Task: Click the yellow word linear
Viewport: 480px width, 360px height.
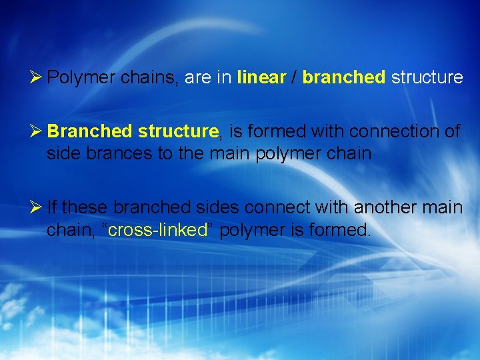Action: pyautogui.click(x=261, y=77)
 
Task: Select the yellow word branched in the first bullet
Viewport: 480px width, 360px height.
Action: pyautogui.click(x=343, y=77)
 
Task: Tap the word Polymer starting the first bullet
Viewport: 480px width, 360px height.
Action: pyautogui.click(x=81, y=77)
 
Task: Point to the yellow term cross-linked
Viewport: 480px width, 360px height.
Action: pyautogui.click(x=157, y=230)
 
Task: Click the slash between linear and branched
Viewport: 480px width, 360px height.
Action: pyautogui.click(x=294, y=77)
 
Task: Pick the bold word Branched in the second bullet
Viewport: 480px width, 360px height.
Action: pyautogui.click(x=90, y=131)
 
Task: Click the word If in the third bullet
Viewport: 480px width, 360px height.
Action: pyautogui.click(x=53, y=207)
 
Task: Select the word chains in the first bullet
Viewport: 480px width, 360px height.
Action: pyautogui.click(x=150, y=77)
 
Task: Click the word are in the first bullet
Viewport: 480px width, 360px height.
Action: pyautogui.click(x=197, y=77)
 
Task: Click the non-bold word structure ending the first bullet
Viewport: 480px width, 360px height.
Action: pyautogui.click(x=427, y=77)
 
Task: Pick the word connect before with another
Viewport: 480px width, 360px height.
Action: pyautogui.click(x=278, y=207)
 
